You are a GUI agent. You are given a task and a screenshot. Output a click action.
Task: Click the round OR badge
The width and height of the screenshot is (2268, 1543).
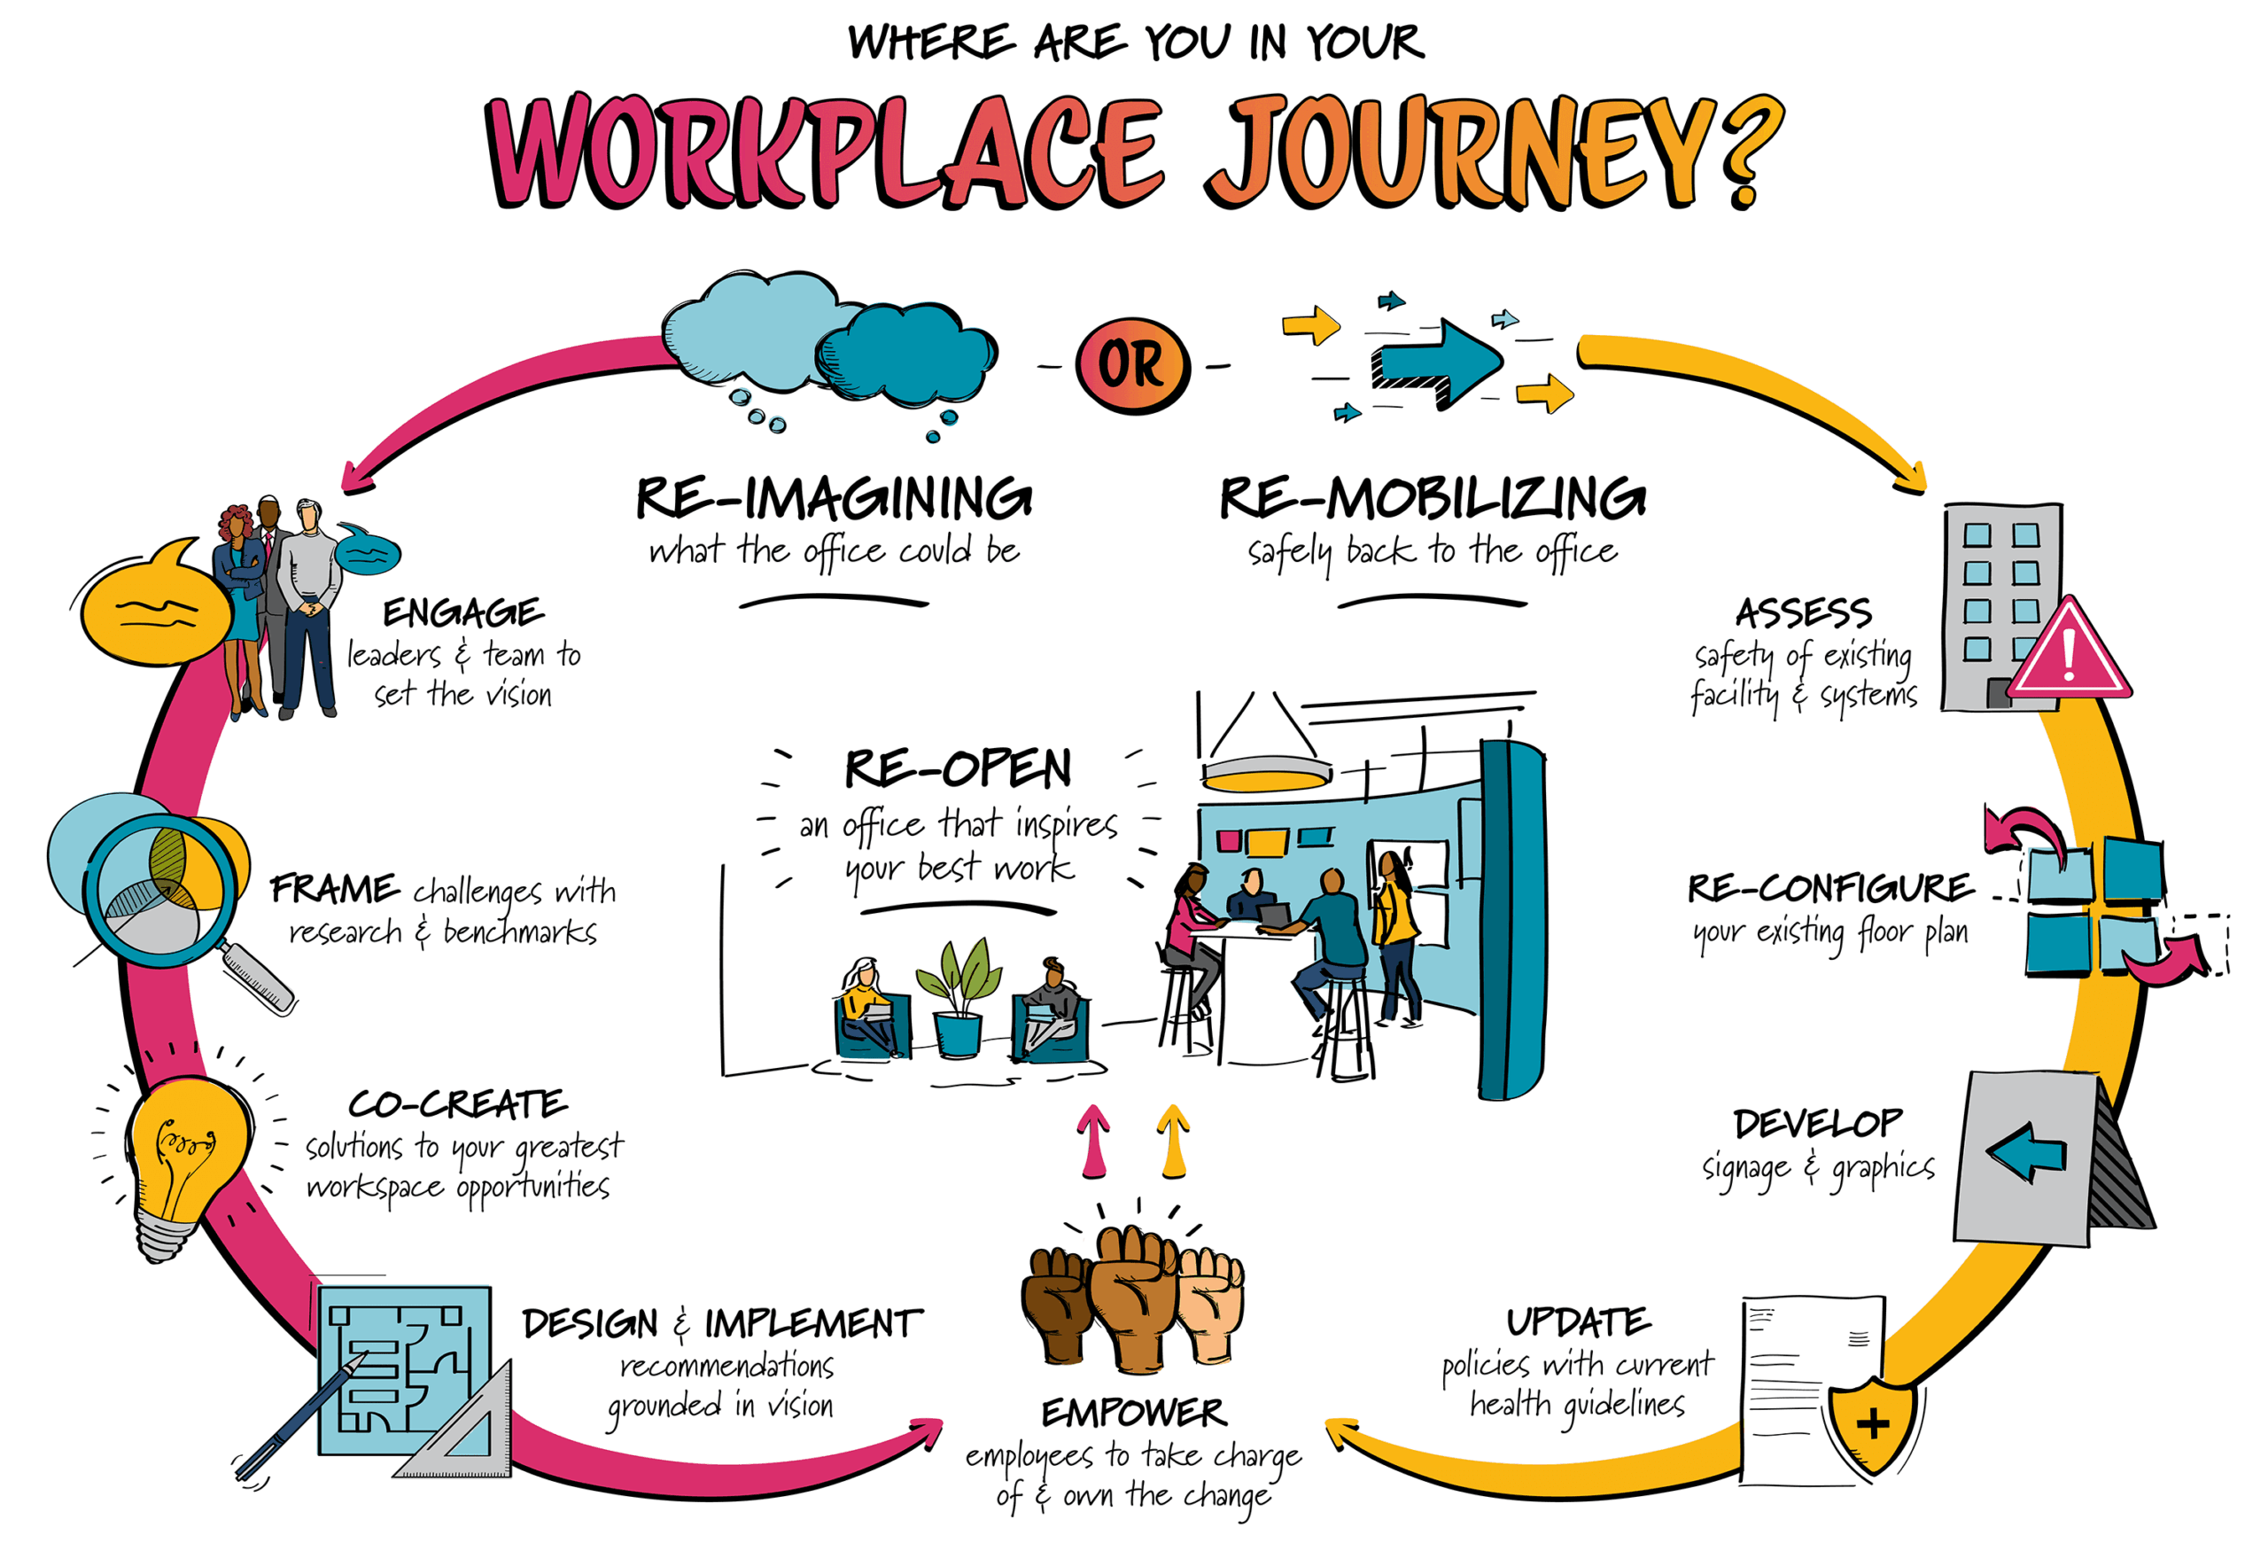click(x=1132, y=365)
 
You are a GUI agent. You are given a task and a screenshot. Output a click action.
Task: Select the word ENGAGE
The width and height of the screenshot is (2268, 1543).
click(x=462, y=613)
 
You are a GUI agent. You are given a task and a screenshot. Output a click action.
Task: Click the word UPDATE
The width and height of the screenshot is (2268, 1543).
click(x=1578, y=1322)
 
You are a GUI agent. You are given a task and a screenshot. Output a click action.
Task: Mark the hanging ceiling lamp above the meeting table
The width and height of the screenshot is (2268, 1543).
click(x=1266, y=771)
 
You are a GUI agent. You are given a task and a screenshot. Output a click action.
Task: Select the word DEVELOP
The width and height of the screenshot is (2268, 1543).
click(x=1817, y=1123)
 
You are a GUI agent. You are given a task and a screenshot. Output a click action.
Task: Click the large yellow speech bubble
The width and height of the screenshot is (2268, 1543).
click(x=156, y=610)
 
